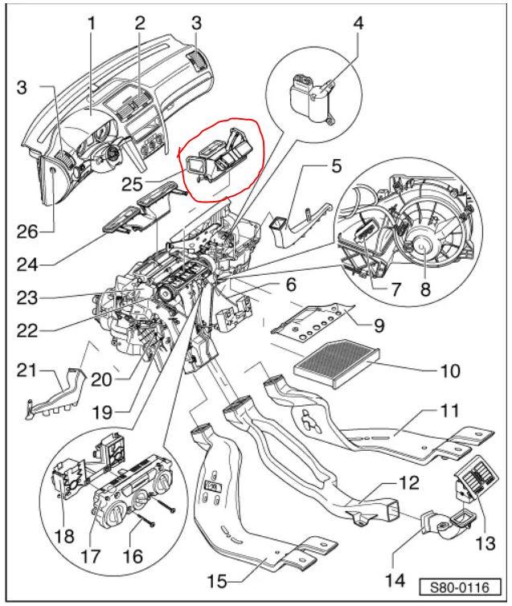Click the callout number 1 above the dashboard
(x=92, y=24)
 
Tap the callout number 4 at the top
(x=358, y=23)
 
